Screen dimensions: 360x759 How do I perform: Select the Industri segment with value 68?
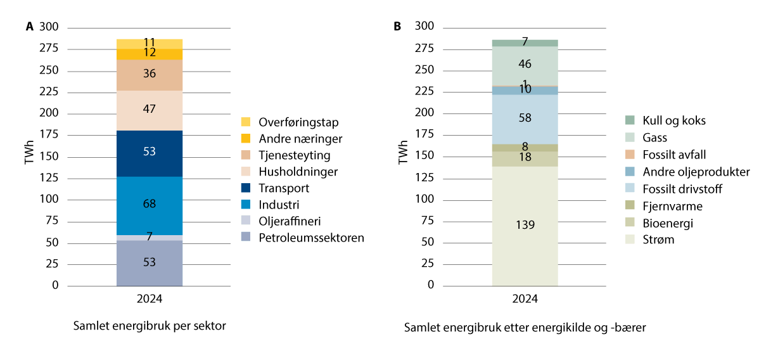[150, 203]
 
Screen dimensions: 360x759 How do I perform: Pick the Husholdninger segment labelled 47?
[150, 109]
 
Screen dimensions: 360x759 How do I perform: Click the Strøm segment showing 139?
[525, 224]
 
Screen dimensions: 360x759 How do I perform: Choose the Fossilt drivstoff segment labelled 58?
[525, 119]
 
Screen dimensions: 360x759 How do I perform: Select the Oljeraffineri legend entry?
[291, 222]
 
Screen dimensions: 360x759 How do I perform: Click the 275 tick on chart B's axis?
[424, 48]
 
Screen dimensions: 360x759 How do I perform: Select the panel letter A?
[29, 27]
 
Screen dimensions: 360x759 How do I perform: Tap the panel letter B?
[397, 27]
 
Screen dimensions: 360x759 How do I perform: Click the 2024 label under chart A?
[150, 297]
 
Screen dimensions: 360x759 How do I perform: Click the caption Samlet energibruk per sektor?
[150, 326]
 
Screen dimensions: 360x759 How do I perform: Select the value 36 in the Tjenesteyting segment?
[150, 74]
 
